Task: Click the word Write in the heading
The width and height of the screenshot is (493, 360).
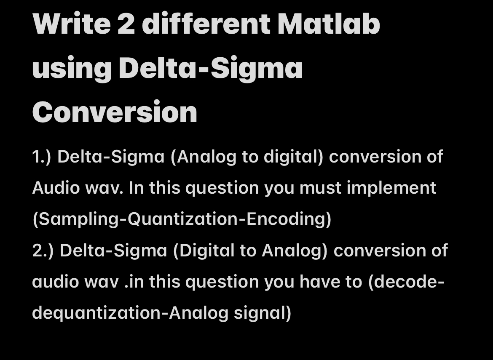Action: point(71,24)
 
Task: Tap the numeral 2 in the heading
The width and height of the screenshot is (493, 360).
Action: point(126,24)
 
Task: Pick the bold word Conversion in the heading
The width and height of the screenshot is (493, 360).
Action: point(115,112)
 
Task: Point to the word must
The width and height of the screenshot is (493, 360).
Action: point(320,188)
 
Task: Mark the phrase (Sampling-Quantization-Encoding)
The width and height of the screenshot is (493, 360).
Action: point(182,219)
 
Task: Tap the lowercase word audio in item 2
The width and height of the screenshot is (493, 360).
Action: point(56,282)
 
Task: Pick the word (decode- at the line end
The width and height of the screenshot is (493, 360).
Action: point(406,282)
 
